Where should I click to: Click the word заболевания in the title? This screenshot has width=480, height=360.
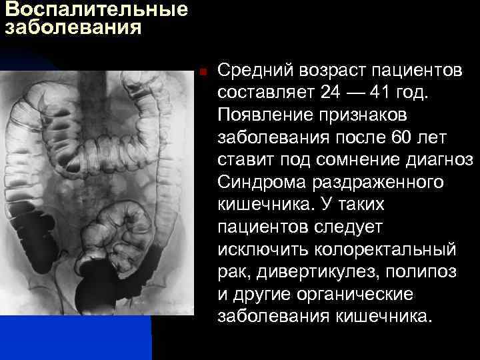pos(73,28)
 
